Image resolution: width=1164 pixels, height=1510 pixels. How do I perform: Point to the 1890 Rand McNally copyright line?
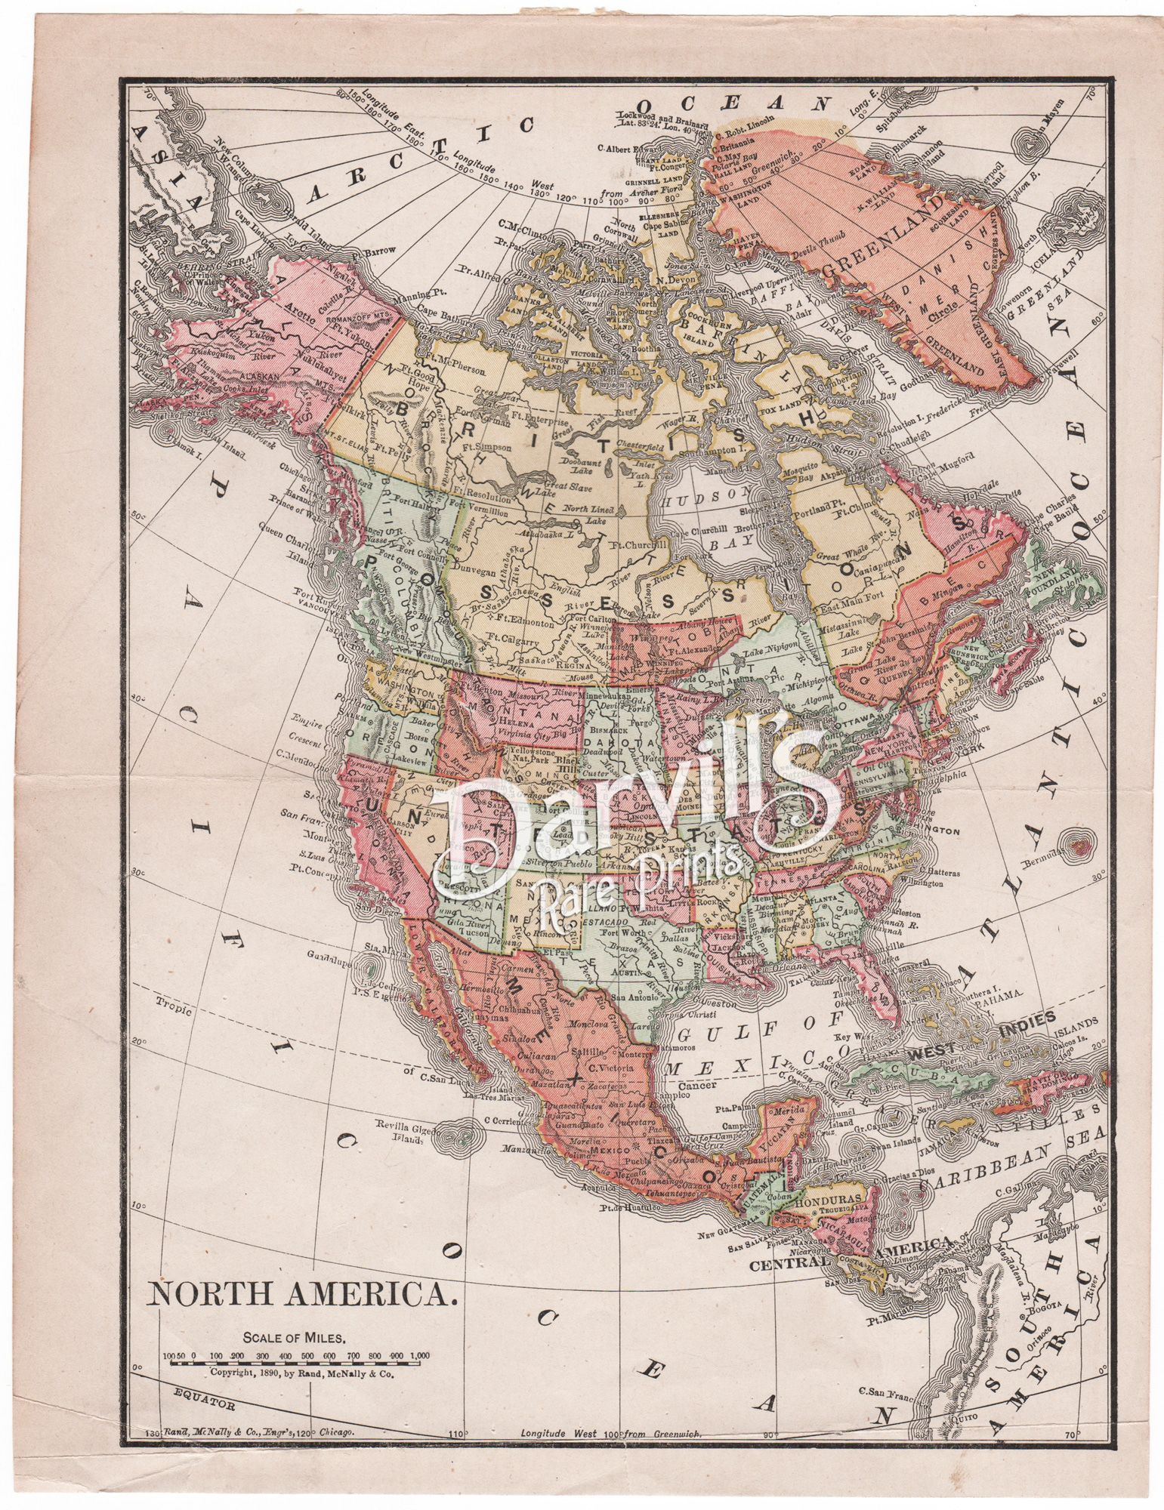(301, 1375)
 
